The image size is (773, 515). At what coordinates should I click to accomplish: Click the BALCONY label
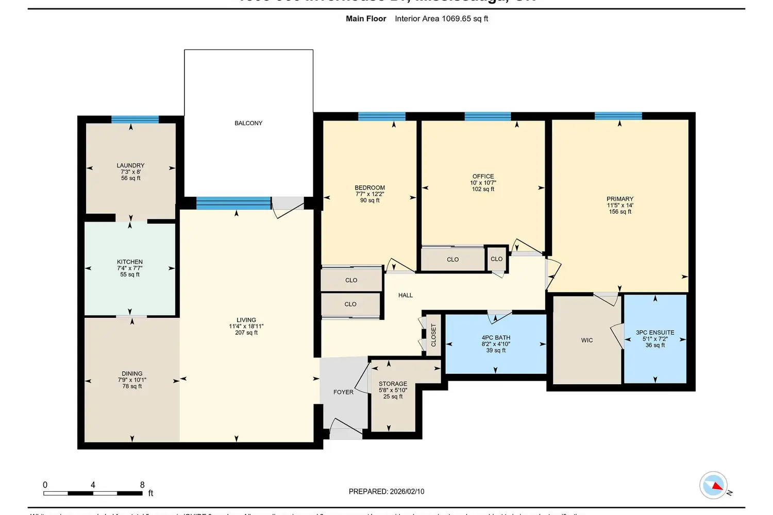pyautogui.click(x=248, y=123)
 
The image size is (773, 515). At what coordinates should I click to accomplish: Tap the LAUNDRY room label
pyautogui.click(x=130, y=166)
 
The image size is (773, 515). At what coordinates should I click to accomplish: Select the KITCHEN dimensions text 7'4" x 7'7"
pyautogui.click(x=130, y=268)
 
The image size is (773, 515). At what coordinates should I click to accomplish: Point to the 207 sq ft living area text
pyautogui.click(x=246, y=333)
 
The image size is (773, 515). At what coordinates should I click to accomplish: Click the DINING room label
pyautogui.click(x=132, y=373)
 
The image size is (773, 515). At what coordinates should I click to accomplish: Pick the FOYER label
pyautogui.click(x=343, y=392)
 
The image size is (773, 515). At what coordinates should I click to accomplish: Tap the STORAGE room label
pyautogui.click(x=393, y=384)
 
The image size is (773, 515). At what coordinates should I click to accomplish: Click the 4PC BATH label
pyautogui.click(x=496, y=338)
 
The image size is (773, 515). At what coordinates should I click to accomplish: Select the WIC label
pyautogui.click(x=587, y=340)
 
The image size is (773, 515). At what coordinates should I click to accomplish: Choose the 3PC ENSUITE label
pyautogui.click(x=655, y=333)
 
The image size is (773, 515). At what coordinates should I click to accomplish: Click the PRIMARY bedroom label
pyautogui.click(x=620, y=199)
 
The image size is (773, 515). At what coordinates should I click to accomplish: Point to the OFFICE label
pyautogui.click(x=483, y=176)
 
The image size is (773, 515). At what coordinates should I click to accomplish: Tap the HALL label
pyautogui.click(x=406, y=295)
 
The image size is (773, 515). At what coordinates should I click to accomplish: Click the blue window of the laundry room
pyautogui.click(x=135, y=119)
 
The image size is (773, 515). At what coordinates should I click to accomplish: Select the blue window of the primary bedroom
pyautogui.click(x=618, y=116)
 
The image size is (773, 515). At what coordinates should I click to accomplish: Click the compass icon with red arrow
pyautogui.click(x=713, y=485)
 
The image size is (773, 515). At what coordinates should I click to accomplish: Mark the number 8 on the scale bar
pyautogui.click(x=142, y=485)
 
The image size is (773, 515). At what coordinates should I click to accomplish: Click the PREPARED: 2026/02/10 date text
pyautogui.click(x=386, y=491)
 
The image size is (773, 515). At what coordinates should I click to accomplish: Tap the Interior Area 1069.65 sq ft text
pyautogui.click(x=441, y=19)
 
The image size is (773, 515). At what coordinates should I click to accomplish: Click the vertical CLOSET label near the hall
pyautogui.click(x=433, y=335)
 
